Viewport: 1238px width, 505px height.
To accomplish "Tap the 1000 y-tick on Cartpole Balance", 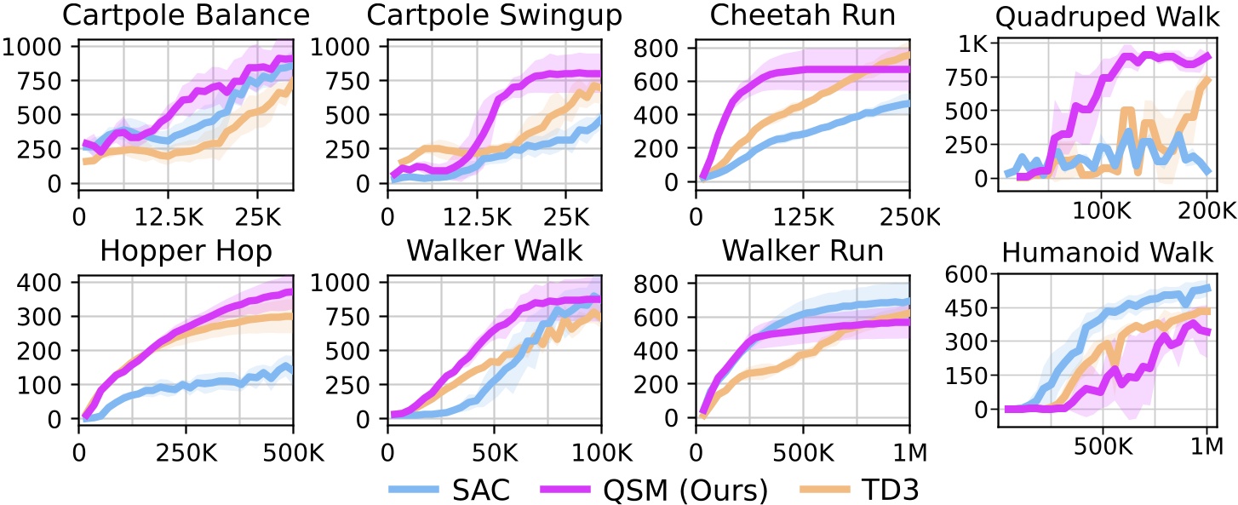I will (x=36, y=48).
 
